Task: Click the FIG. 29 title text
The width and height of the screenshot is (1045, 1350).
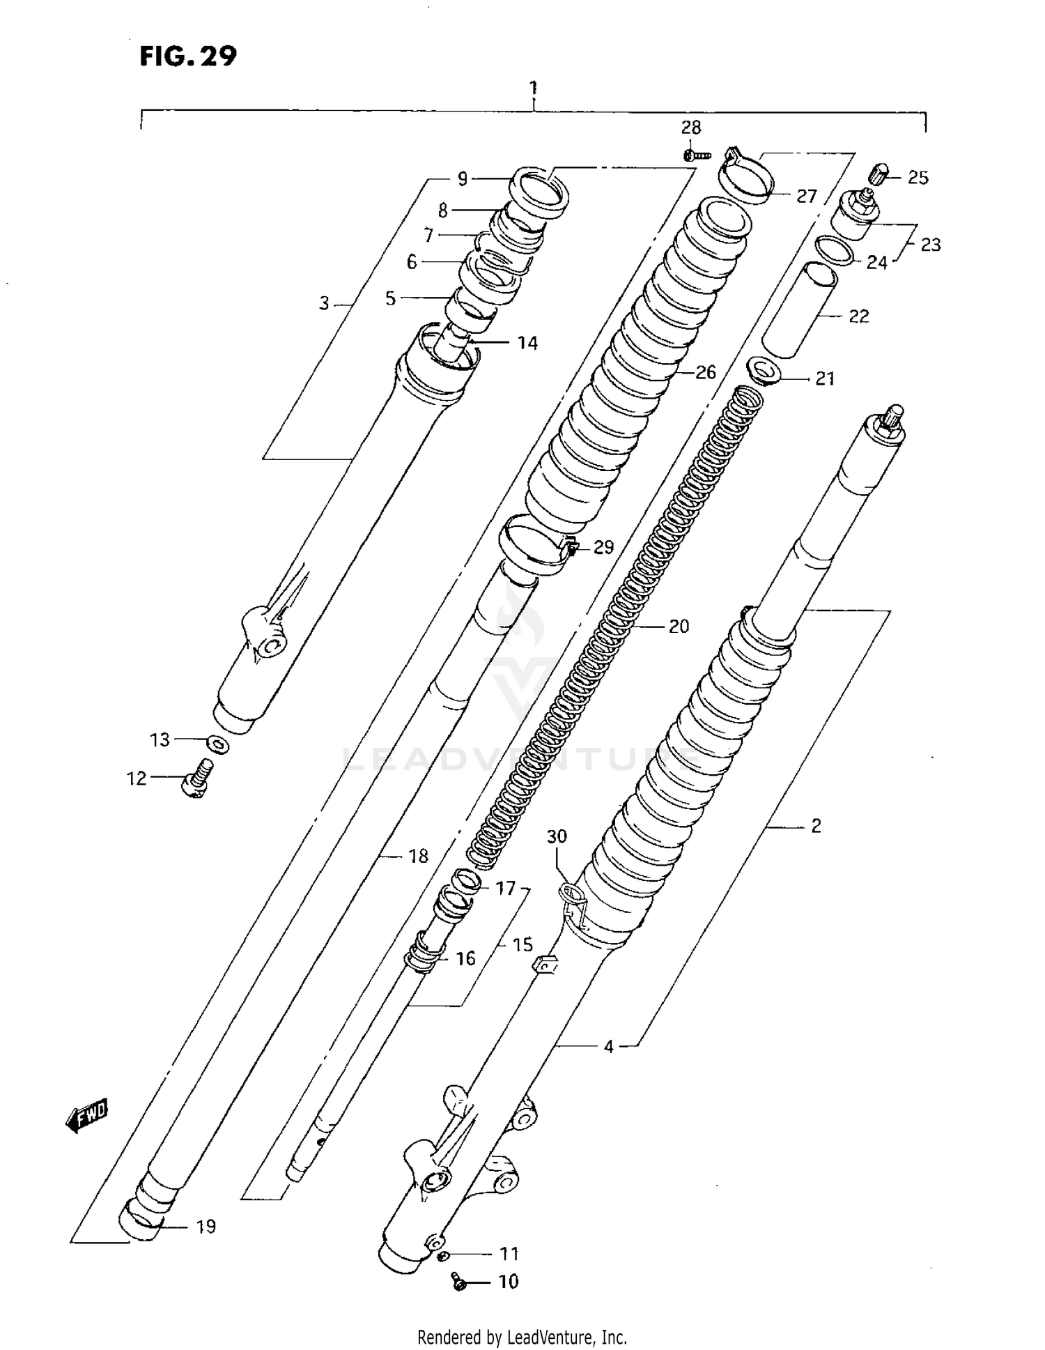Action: point(188,56)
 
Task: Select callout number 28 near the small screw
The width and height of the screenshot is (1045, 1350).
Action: point(690,128)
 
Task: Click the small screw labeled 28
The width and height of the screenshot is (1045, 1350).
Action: point(695,155)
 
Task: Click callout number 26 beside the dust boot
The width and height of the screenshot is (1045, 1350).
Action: point(705,372)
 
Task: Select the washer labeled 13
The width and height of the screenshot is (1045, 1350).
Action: point(219,745)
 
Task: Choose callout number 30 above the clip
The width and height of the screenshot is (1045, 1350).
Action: point(557,836)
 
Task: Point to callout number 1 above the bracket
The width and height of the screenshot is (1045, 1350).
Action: point(533,89)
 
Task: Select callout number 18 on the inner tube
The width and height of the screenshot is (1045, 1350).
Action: point(418,856)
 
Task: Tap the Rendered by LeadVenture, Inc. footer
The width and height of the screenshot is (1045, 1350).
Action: point(522,1337)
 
